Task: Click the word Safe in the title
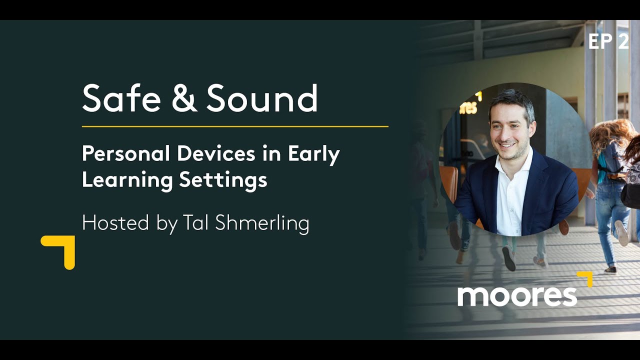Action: [x=121, y=98]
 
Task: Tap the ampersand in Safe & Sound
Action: [x=183, y=98]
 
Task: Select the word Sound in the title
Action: [x=262, y=98]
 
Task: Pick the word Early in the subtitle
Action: [x=313, y=155]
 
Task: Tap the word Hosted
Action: [x=113, y=222]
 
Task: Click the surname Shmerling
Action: [x=262, y=223]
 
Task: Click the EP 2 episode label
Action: [x=608, y=42]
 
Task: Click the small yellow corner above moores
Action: [x=586, y=278]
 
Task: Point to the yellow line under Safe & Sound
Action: [x=235, y=126]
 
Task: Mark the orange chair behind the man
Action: [x=449, y=182]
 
